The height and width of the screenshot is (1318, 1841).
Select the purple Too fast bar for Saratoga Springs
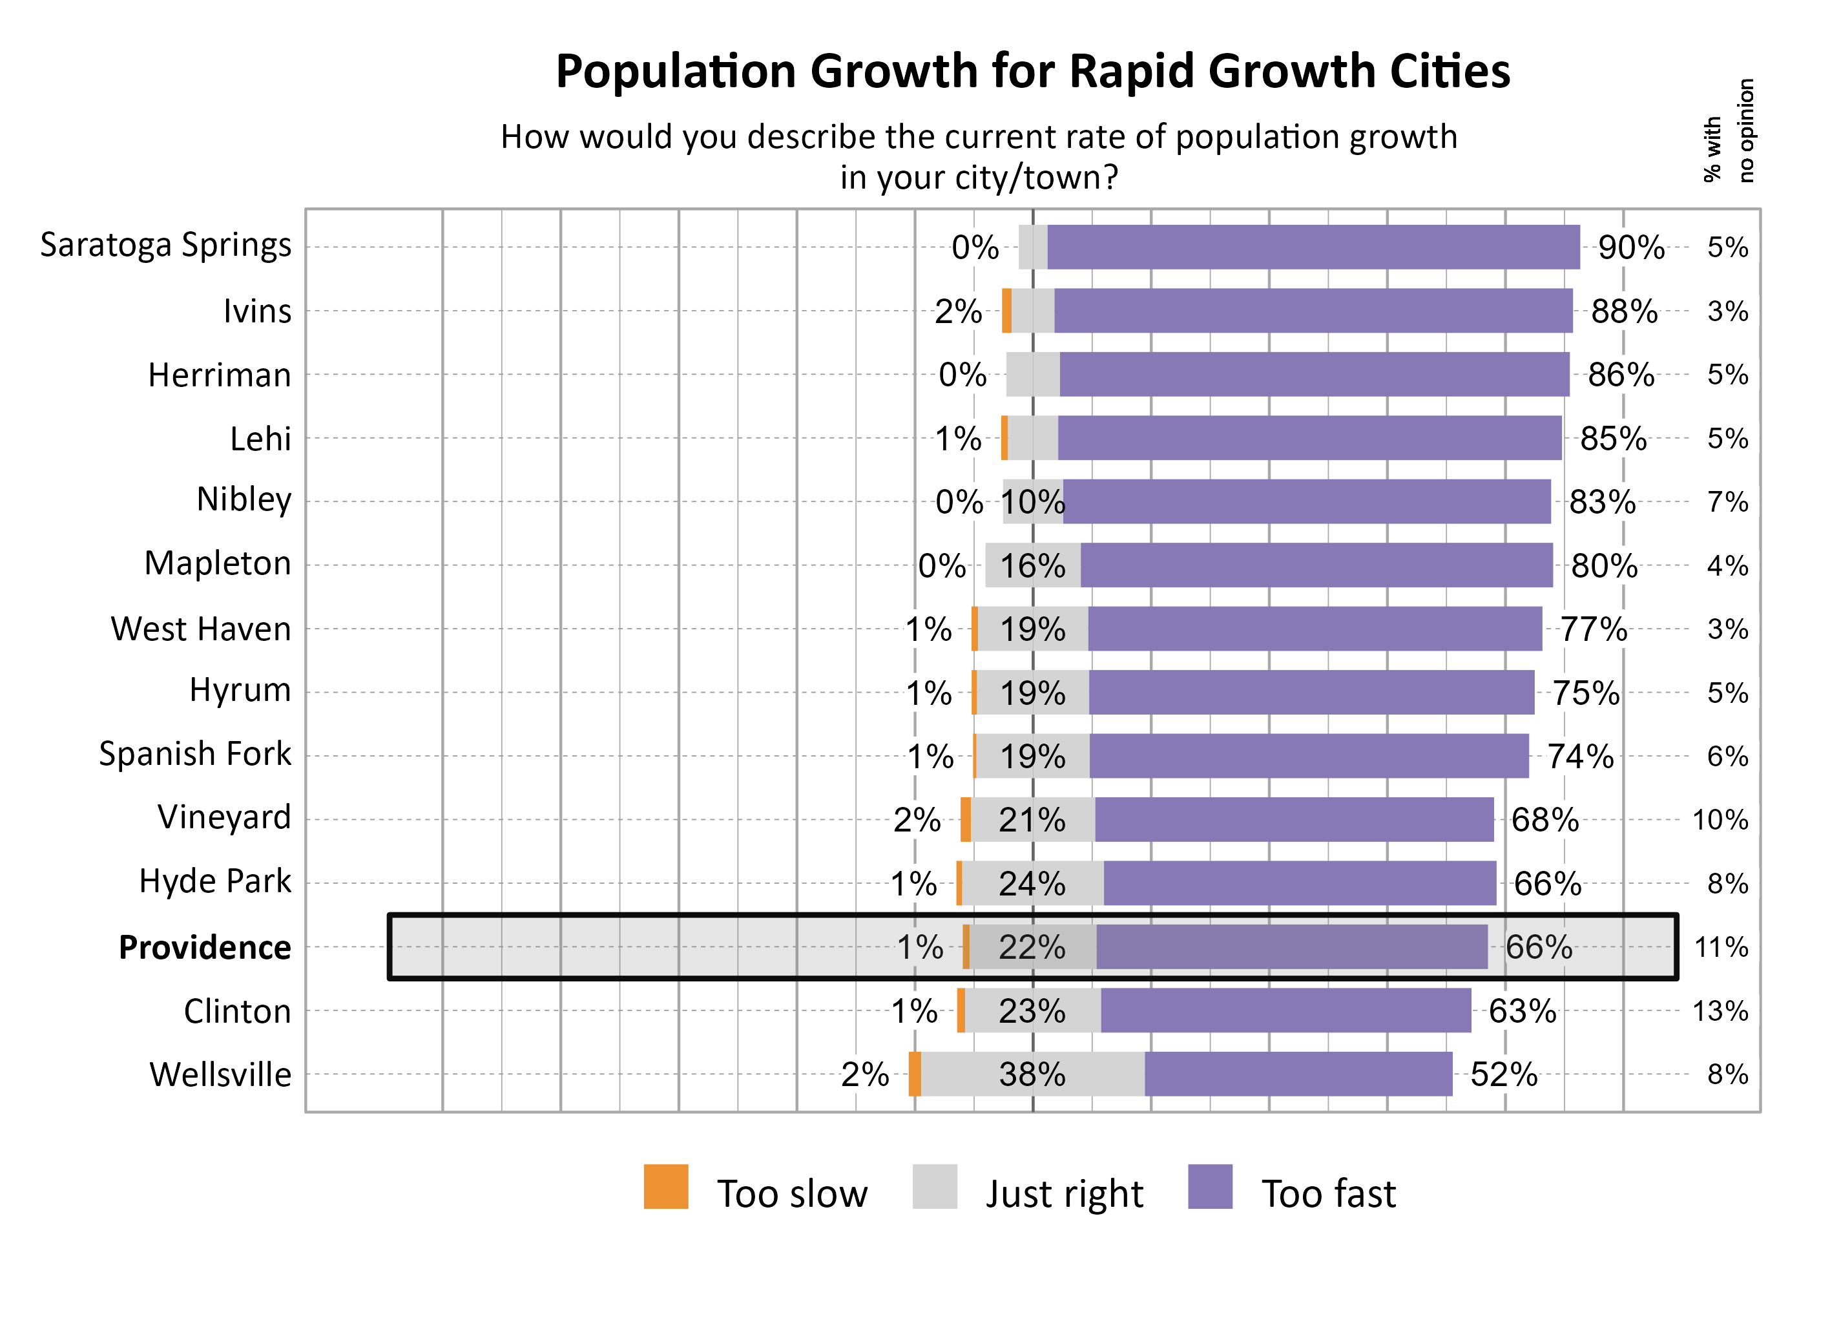click(x=1312, y=247)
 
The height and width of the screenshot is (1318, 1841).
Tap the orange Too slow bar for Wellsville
click(x=915, y=1074)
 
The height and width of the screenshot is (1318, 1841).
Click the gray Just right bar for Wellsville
click(x=1032, y=1074)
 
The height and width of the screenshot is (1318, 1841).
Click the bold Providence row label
click(x=205, y=947)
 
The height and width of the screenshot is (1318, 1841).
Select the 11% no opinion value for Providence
click(x=1720, y=947)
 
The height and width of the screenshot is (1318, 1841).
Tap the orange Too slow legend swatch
click(x=665, y=1187)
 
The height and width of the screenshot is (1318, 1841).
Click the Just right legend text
click(x=1064, y=1194)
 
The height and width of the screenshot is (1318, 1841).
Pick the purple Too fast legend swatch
click(x=1209, y=1187)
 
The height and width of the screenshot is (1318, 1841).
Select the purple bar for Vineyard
click(x=1293, y=820)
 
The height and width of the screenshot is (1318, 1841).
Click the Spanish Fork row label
click(x=194, y=754)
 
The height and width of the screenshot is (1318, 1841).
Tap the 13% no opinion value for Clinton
click(x=1720, y=1011)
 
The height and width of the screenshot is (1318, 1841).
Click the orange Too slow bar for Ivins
click(x=1006, y=311)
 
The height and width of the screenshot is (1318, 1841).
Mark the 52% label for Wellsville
click(x=1503, y=1074)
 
